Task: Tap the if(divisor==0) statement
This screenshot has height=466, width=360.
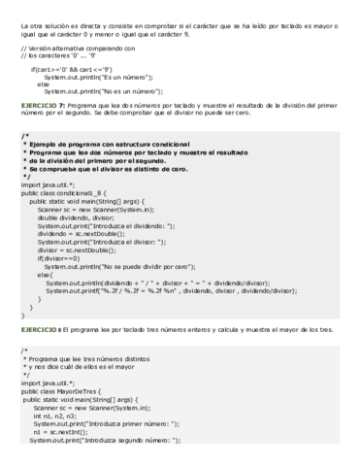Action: click(x=60, y=257)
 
